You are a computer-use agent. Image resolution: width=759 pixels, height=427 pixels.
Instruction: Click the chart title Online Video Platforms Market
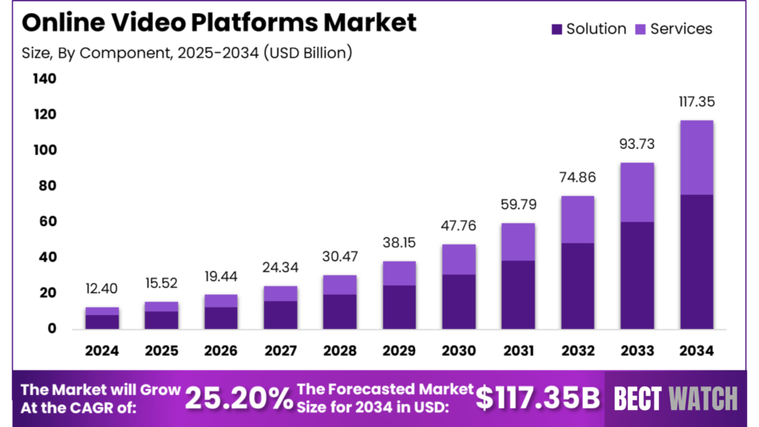click(x=219, y=22)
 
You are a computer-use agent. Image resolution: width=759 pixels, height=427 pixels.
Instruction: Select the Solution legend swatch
click(x=557, y=30)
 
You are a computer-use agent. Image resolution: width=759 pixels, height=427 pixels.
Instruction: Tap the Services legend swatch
click(x=640, y=30)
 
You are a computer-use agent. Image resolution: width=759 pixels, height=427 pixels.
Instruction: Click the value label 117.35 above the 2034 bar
click(x=696, y=102)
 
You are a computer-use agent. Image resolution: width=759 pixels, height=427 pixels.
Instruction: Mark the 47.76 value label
click(x=458, y=226)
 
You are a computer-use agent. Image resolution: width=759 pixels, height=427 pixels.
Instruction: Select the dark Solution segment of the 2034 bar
click(x=696, y=262)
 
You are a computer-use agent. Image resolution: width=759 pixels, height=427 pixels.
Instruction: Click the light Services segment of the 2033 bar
click(x=637, y=192)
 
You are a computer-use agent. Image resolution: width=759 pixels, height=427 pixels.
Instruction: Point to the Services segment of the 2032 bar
click(x=577, y=219)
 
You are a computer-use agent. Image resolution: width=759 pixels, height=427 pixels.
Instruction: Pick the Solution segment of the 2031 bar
click(x=518, y=294)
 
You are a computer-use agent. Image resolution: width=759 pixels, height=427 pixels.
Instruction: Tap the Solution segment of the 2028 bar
click(x=340, y=311)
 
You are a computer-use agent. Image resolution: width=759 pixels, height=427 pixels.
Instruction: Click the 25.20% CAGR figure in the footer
click(x=239, y=398)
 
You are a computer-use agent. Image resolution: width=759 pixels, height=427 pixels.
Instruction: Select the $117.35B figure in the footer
click(x=537, y=398)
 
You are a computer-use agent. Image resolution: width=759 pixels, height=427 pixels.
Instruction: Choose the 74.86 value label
click(x=577, y=178)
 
